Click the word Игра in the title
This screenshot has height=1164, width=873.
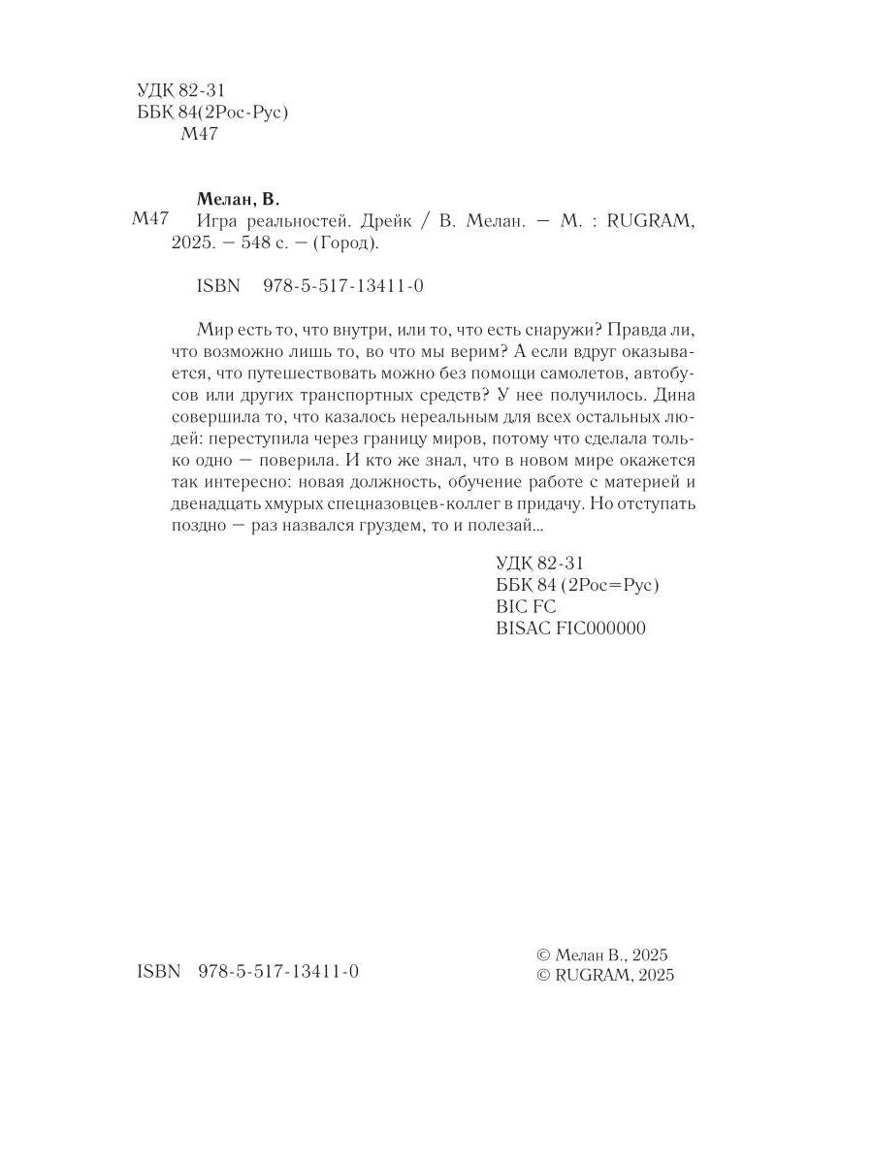tap(217, 222)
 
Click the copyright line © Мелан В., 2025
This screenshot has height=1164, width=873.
tap(603, 955)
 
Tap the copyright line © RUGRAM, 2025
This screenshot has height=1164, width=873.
tap(605, 976)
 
